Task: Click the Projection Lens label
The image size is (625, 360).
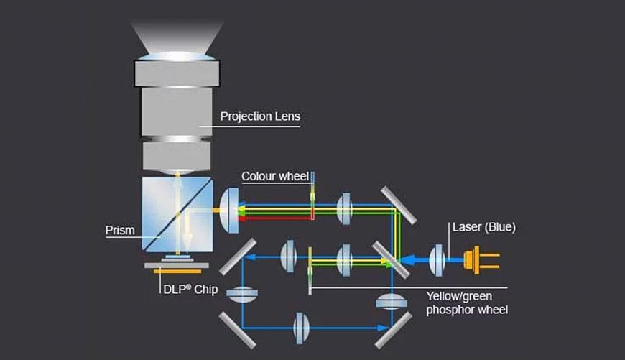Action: pyautogui.click(x=259, y=116)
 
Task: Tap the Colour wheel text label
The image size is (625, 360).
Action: pyautogui.click(x=275, y=176)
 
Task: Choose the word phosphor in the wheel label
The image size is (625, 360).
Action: pyautogui.click(x=449, y=310)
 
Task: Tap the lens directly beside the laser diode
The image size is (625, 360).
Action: pyautogui.click(x=438, y=259)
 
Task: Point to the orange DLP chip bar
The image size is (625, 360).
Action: pyautogui.click(x=176, y=272)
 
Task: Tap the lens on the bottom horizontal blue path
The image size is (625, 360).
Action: pyautogui.click(x=302, y=328)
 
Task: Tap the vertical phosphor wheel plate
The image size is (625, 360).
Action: pyautogui.click(x=310, y=269)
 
